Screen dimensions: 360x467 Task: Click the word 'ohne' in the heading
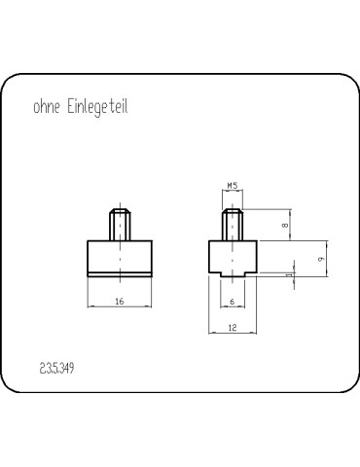pos(47,107)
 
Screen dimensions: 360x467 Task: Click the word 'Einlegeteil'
pos(97,107)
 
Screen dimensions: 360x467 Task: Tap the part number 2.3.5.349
pos(56,369)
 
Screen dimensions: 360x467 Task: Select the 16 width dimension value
pos(120,302)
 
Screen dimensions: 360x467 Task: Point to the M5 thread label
pos(233,186)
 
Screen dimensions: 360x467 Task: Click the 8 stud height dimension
pos(285,225)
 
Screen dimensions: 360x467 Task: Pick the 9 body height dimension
pos(321,260)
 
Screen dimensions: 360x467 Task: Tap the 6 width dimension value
pos(233,302)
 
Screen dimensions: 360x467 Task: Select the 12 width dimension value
pos(233,328)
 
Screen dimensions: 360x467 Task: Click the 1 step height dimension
pos(289,275)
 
